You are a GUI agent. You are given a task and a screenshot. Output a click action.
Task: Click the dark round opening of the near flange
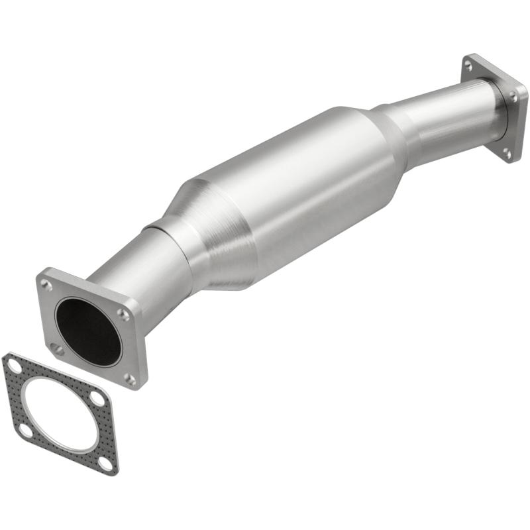(x=88, y=331)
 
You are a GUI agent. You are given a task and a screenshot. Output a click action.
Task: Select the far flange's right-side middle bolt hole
(x=513, y=97)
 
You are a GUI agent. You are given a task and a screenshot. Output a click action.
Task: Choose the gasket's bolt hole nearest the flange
(x=97, y=399)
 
